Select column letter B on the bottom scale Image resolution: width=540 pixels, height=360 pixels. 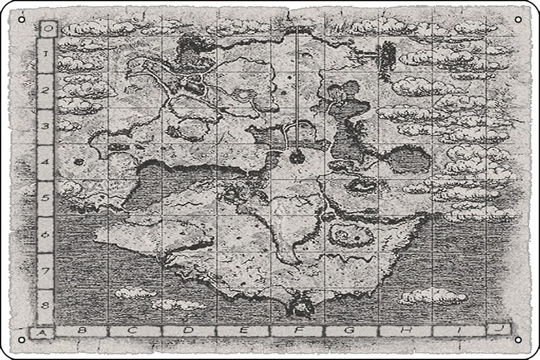[x=81, y=331]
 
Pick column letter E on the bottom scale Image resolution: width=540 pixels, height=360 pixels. [x=243, y=331]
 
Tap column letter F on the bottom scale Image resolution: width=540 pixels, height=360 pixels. [x=297, y=331]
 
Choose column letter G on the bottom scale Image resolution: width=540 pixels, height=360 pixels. [x=351, y=331]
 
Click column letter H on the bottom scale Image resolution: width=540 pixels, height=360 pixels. [x=405, y=331]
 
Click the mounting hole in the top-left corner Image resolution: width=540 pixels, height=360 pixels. [x=22, y=20]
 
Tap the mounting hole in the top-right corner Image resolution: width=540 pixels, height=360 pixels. [x=518, y=20]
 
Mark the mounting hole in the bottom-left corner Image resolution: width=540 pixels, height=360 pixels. [x=22, y=340]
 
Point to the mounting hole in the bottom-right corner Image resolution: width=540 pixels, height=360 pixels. [x=518, y=340]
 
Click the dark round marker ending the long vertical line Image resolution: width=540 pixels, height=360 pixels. [x=297, y=156]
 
